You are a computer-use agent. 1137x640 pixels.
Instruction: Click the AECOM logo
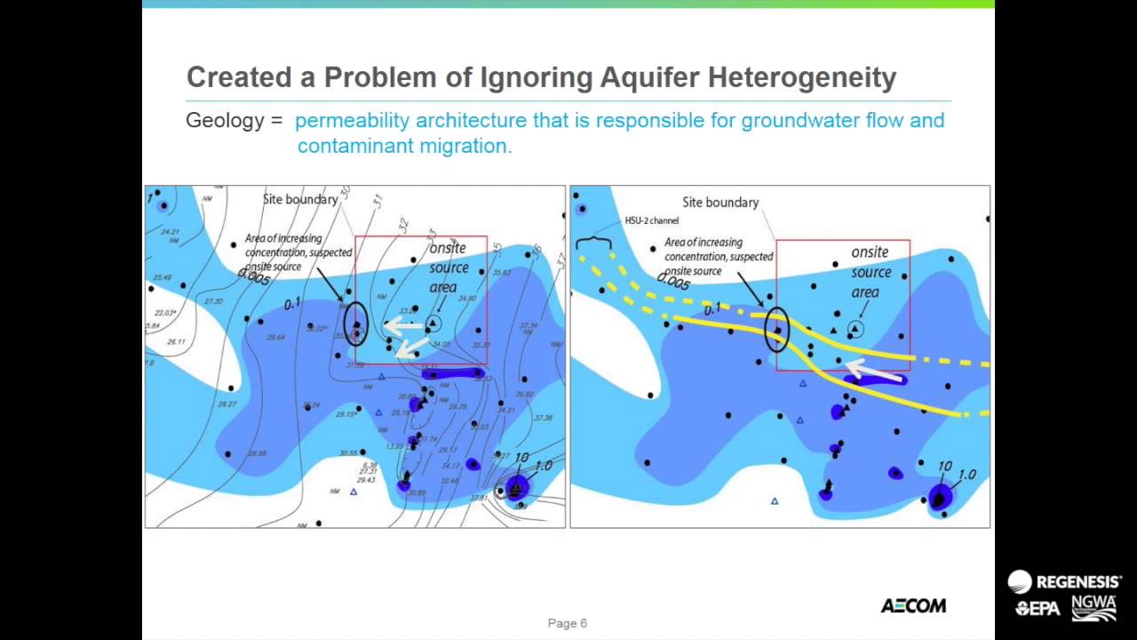click(913, 605)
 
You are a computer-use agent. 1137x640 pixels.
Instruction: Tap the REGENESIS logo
click(1064, 581)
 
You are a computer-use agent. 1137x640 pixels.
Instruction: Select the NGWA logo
click(1093, 608)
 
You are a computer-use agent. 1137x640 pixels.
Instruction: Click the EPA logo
click(1038, 609)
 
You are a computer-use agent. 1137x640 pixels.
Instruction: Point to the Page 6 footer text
click(568, 623)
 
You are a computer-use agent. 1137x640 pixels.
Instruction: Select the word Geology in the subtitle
click(226, 120)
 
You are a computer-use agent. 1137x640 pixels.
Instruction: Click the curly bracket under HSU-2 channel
click(592, 241)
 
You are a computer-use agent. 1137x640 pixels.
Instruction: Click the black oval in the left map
click(355, 324)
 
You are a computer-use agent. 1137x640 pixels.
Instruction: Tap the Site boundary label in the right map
click(720, 203)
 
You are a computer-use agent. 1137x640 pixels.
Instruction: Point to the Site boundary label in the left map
click(300, 199)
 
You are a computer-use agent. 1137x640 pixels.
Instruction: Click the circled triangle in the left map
click(433, 324)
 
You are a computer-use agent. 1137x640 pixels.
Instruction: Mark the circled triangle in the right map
click(855, 329)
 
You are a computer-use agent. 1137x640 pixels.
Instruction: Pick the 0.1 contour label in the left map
click(292, 305)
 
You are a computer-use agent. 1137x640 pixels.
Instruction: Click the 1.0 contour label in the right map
click(966, 476)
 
